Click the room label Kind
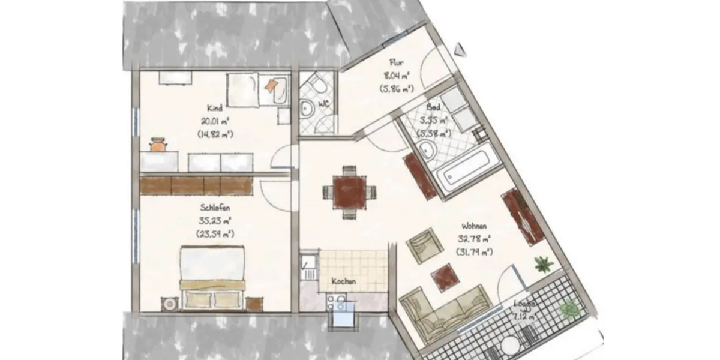click(x=215, y=109)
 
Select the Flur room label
click(x=395, y=62)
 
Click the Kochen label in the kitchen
click(x=345, y=281)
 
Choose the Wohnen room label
click(x=473, y=226)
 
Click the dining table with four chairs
click(x=350, y=193)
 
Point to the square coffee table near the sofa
click(x=445, y=276)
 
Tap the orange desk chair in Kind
click(x=158, y=144)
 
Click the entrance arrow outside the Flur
click(x=460, y=49)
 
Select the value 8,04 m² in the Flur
click(x=395, y=76)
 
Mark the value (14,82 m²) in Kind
click(x=215, y=134)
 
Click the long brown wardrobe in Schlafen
click(x=196, y=185)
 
